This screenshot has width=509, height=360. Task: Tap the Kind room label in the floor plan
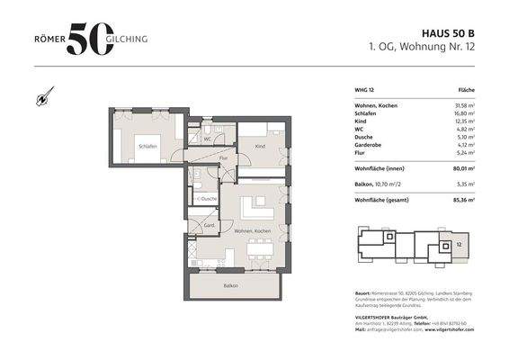coord(260,145)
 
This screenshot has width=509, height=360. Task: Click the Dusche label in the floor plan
coord(209,198)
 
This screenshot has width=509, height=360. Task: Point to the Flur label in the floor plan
coord(223,157)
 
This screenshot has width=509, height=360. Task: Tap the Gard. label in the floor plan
coord(208,224)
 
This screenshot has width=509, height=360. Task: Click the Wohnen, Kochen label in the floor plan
coord(253,231)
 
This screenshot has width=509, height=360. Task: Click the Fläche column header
coord(466,91)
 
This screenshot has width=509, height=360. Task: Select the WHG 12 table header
coord(364,91)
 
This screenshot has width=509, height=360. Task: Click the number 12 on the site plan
coord(458,244)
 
